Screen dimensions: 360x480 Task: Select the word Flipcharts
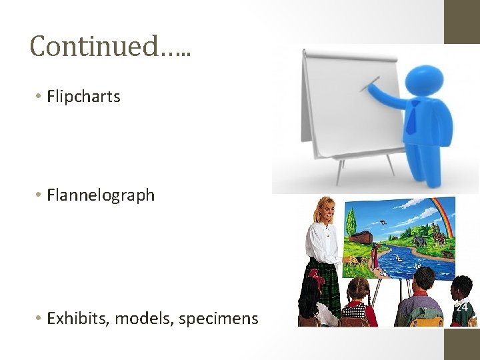click(83, 97)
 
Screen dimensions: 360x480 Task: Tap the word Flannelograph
click(101, 195)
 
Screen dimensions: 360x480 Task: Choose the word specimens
click(220, 319)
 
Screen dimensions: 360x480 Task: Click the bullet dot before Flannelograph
click(39, 195)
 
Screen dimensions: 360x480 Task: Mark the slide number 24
click(462, 307)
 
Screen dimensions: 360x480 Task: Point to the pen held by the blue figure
click(369, 85)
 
